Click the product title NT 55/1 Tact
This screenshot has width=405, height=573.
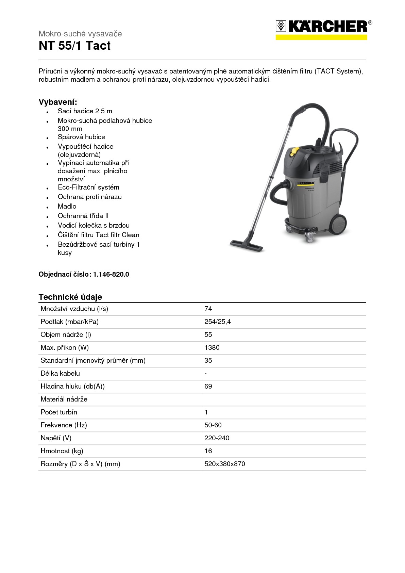pyautogui.click(x=74, y=46)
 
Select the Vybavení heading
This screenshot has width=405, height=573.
pyautogui.click(x=58, y=102)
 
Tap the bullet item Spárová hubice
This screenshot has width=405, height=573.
pyautogui.click(x=81, y=137)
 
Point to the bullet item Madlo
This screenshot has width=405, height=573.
pyautogui.click(x=67, y=206)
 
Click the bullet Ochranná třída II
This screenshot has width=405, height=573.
pyautogui.click(x=83, y=216)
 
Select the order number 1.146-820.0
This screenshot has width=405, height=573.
pyautogui.click(x=111, y=274)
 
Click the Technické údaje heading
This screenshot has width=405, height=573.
pyautogui.click(x=70, y=297)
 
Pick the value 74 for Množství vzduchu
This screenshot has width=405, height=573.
pyautogui.click(x=208, y=309)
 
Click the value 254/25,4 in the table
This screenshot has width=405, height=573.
pyautogui.click(x=217, y=322)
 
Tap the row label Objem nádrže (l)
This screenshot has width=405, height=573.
pyautogui.click(x=66, y=334)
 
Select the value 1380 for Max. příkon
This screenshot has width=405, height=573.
pyautogui.click(x=212, y=347)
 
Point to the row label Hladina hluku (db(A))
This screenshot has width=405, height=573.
pyautogui.click(x=72, y=386)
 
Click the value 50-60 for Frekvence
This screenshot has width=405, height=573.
pyautogui.click(x=213, y=425)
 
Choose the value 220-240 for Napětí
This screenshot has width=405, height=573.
pyautogui.click(x=217, y=438)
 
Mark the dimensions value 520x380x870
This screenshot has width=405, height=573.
pyautogui.click(x=224, y=464)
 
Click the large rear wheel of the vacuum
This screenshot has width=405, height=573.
pyautogui.click(x=338, y=224)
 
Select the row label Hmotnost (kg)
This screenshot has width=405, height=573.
pyautogui.click(x=62, y=451)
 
